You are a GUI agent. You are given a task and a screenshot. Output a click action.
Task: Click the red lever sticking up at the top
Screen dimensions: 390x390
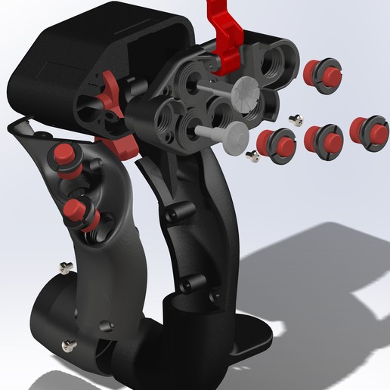pos(230,30)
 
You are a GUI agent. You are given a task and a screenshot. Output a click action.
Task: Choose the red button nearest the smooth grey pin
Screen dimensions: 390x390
pos(276,145)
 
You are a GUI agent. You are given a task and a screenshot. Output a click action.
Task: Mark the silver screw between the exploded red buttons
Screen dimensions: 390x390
pos(298,117)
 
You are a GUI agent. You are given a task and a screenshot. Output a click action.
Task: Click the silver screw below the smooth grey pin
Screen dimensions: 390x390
pos(254,156)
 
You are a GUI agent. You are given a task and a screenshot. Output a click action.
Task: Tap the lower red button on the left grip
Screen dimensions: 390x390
pos(79,210)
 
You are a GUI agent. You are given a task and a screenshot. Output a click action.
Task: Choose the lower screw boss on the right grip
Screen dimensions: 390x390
pos(185,285)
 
